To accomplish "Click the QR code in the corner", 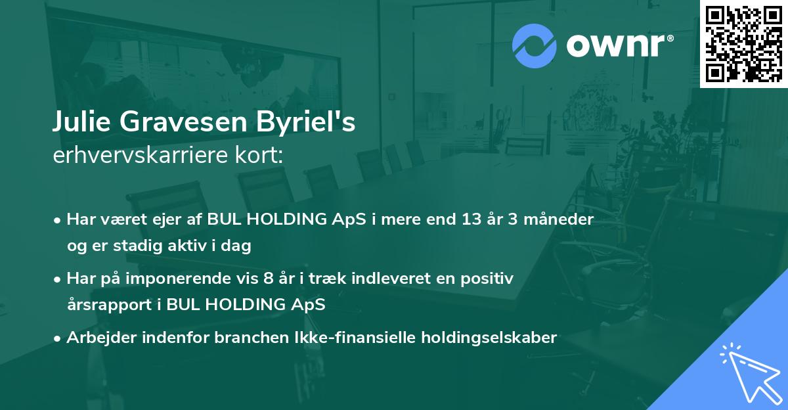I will pyautogui.click(x=743, y=44).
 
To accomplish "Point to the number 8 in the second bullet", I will pyautogui.click(x=294, y=279).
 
